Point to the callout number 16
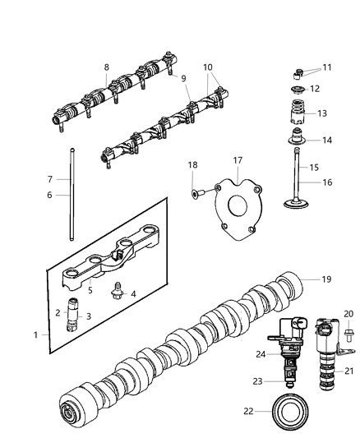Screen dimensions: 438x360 pos(327,183)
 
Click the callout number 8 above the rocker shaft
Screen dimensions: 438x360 pos(106,67)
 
